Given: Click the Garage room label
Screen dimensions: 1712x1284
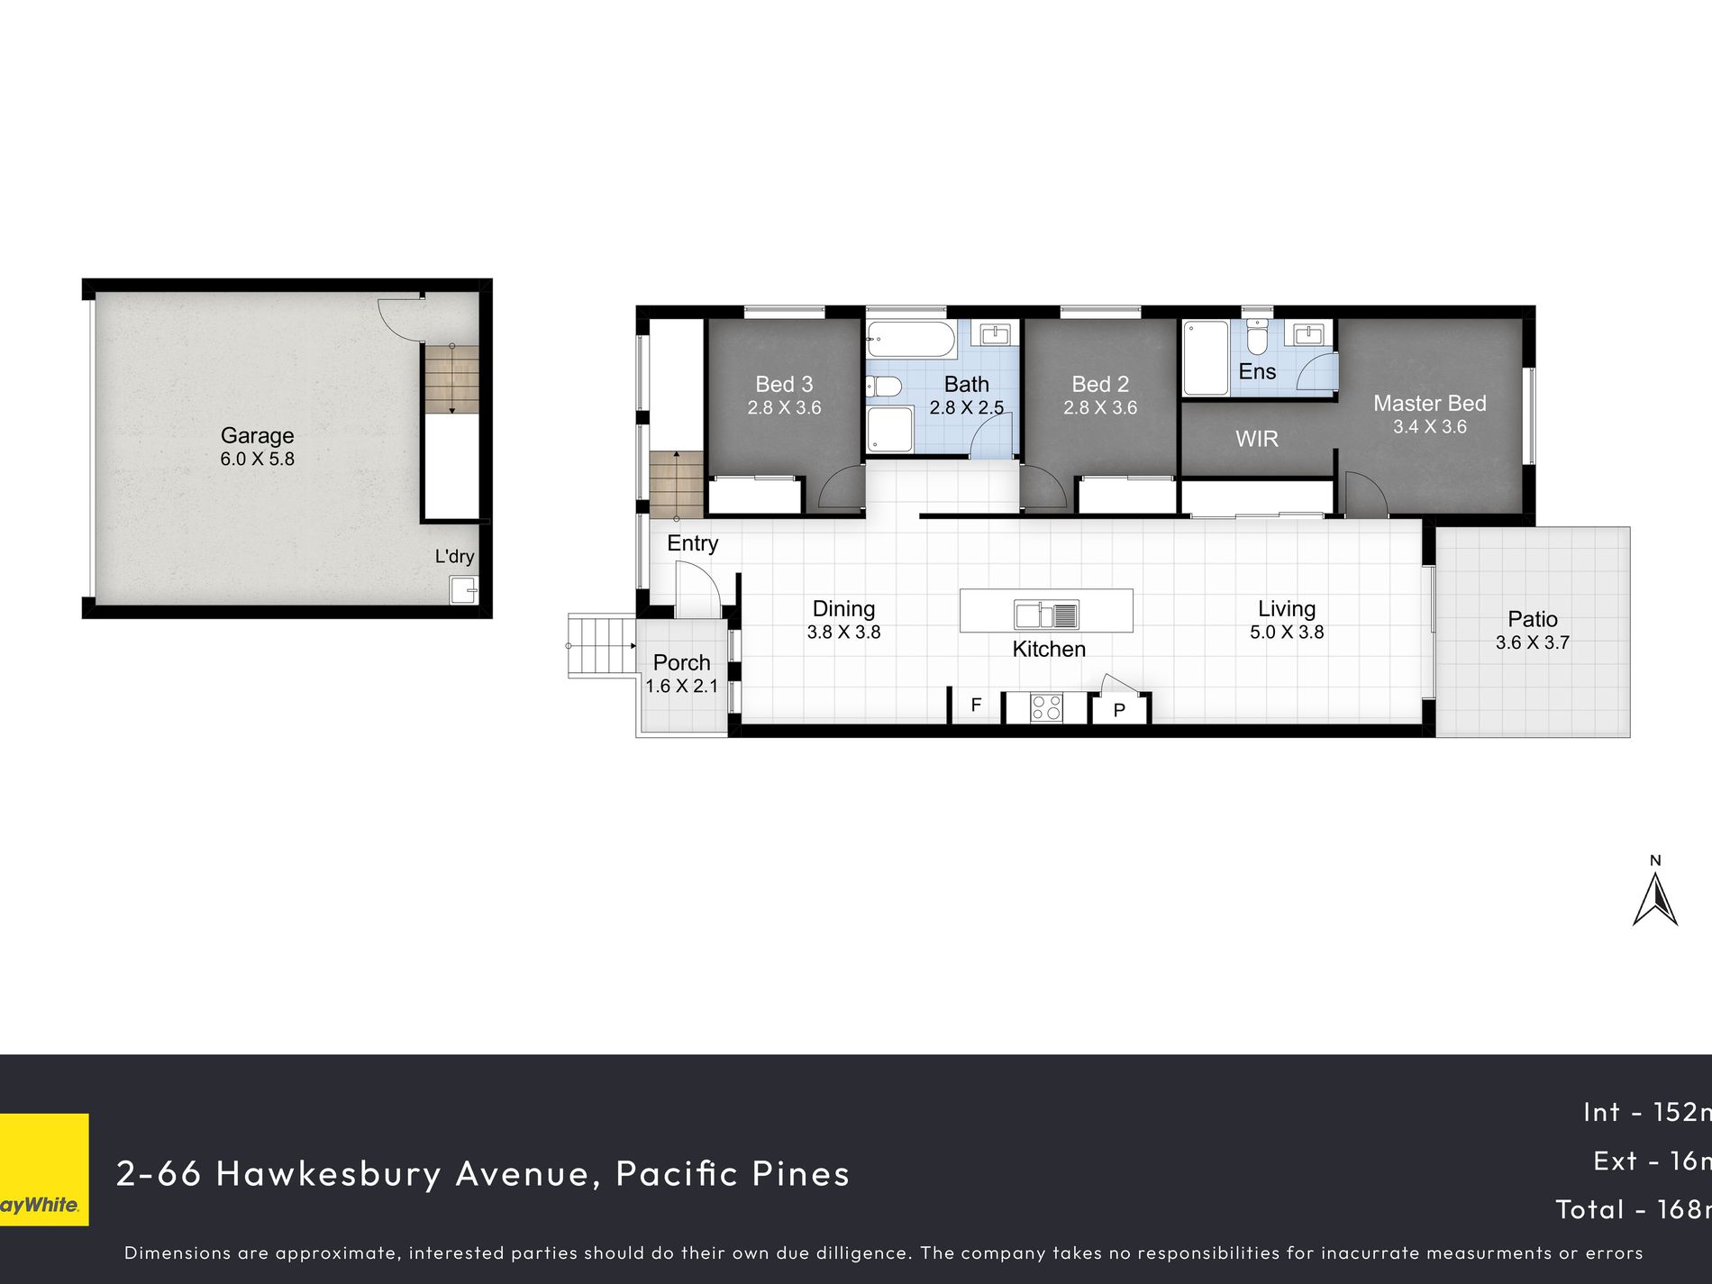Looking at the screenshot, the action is coord(257,435).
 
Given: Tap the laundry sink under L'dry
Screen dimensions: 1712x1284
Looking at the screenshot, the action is coord(464,590).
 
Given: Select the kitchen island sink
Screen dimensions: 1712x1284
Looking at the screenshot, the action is coord(1046,615).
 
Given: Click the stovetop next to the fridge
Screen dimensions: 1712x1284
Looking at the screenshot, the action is coord(1046,707).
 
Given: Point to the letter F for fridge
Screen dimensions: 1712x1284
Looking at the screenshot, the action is coord(976,706).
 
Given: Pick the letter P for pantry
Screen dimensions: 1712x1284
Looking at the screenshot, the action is coord(1119,710).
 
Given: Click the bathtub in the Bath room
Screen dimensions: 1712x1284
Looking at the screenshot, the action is coord(910,341).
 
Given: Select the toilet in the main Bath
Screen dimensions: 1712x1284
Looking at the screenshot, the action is coord(884,387).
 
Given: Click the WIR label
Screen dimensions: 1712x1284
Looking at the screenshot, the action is coord(1257,439).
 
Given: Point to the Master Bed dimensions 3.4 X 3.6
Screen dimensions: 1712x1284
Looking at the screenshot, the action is coord(1430,427).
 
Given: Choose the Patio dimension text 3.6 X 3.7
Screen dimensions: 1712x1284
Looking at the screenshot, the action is coord(1533,642).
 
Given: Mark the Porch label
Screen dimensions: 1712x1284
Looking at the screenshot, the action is coord(682,662).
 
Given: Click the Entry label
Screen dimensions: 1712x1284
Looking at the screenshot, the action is coord(693,543).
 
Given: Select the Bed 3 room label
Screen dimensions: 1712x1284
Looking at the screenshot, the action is coord(785,385).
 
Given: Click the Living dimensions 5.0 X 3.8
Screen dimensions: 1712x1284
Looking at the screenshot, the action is coord(1287,633).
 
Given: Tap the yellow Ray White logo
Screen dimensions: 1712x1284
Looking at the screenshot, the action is coord(44,1170).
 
